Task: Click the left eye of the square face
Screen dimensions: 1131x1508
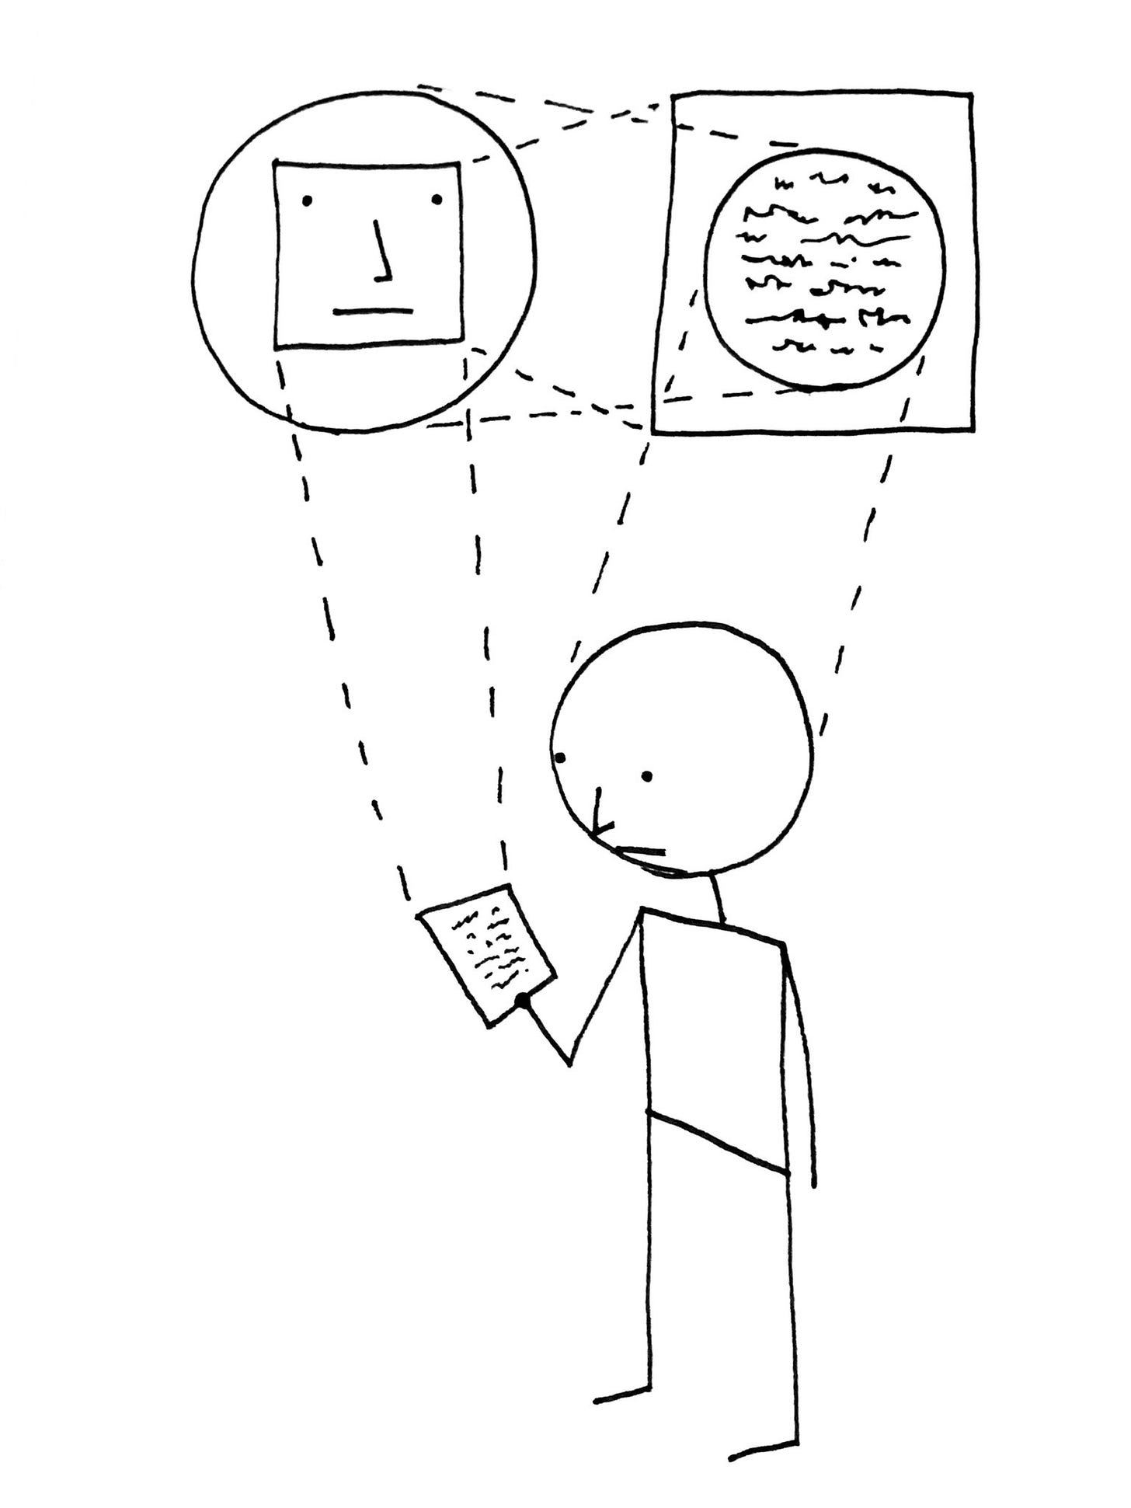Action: coord(307,200)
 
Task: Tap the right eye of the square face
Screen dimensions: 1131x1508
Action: coord(437,200)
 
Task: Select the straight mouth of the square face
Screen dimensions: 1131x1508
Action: coord(373,312)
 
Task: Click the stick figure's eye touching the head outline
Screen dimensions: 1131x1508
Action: coord(561,757)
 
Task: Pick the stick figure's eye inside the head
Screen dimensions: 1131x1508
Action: coord(647,775)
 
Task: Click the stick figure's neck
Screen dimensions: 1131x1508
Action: coord(717,897)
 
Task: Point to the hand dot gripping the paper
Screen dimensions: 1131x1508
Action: coord(523,1001)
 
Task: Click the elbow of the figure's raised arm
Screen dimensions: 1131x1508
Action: coord(570,1063)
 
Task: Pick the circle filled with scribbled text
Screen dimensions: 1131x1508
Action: coord(825,268)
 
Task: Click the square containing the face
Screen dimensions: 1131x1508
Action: coord(368,255)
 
